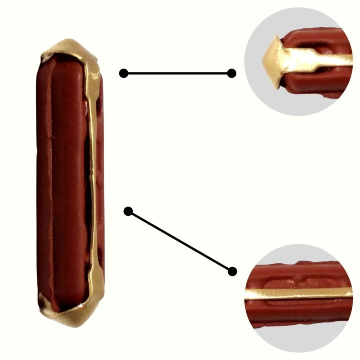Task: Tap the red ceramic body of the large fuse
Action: pos(63,180)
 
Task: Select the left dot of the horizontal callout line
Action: pos(124,73)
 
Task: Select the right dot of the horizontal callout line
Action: pos(232,73)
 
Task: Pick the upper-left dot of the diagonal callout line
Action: pos(128,211)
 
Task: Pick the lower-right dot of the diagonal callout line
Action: pos(232,271)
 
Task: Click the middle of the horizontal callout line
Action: pos(178,73)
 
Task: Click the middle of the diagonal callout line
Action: pos(180,241)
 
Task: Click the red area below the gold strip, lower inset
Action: pos(297,310)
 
